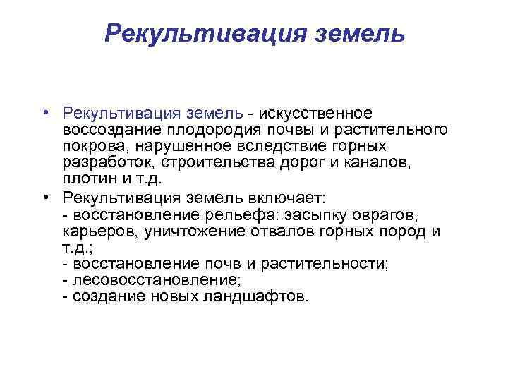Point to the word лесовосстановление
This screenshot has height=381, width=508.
136,279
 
